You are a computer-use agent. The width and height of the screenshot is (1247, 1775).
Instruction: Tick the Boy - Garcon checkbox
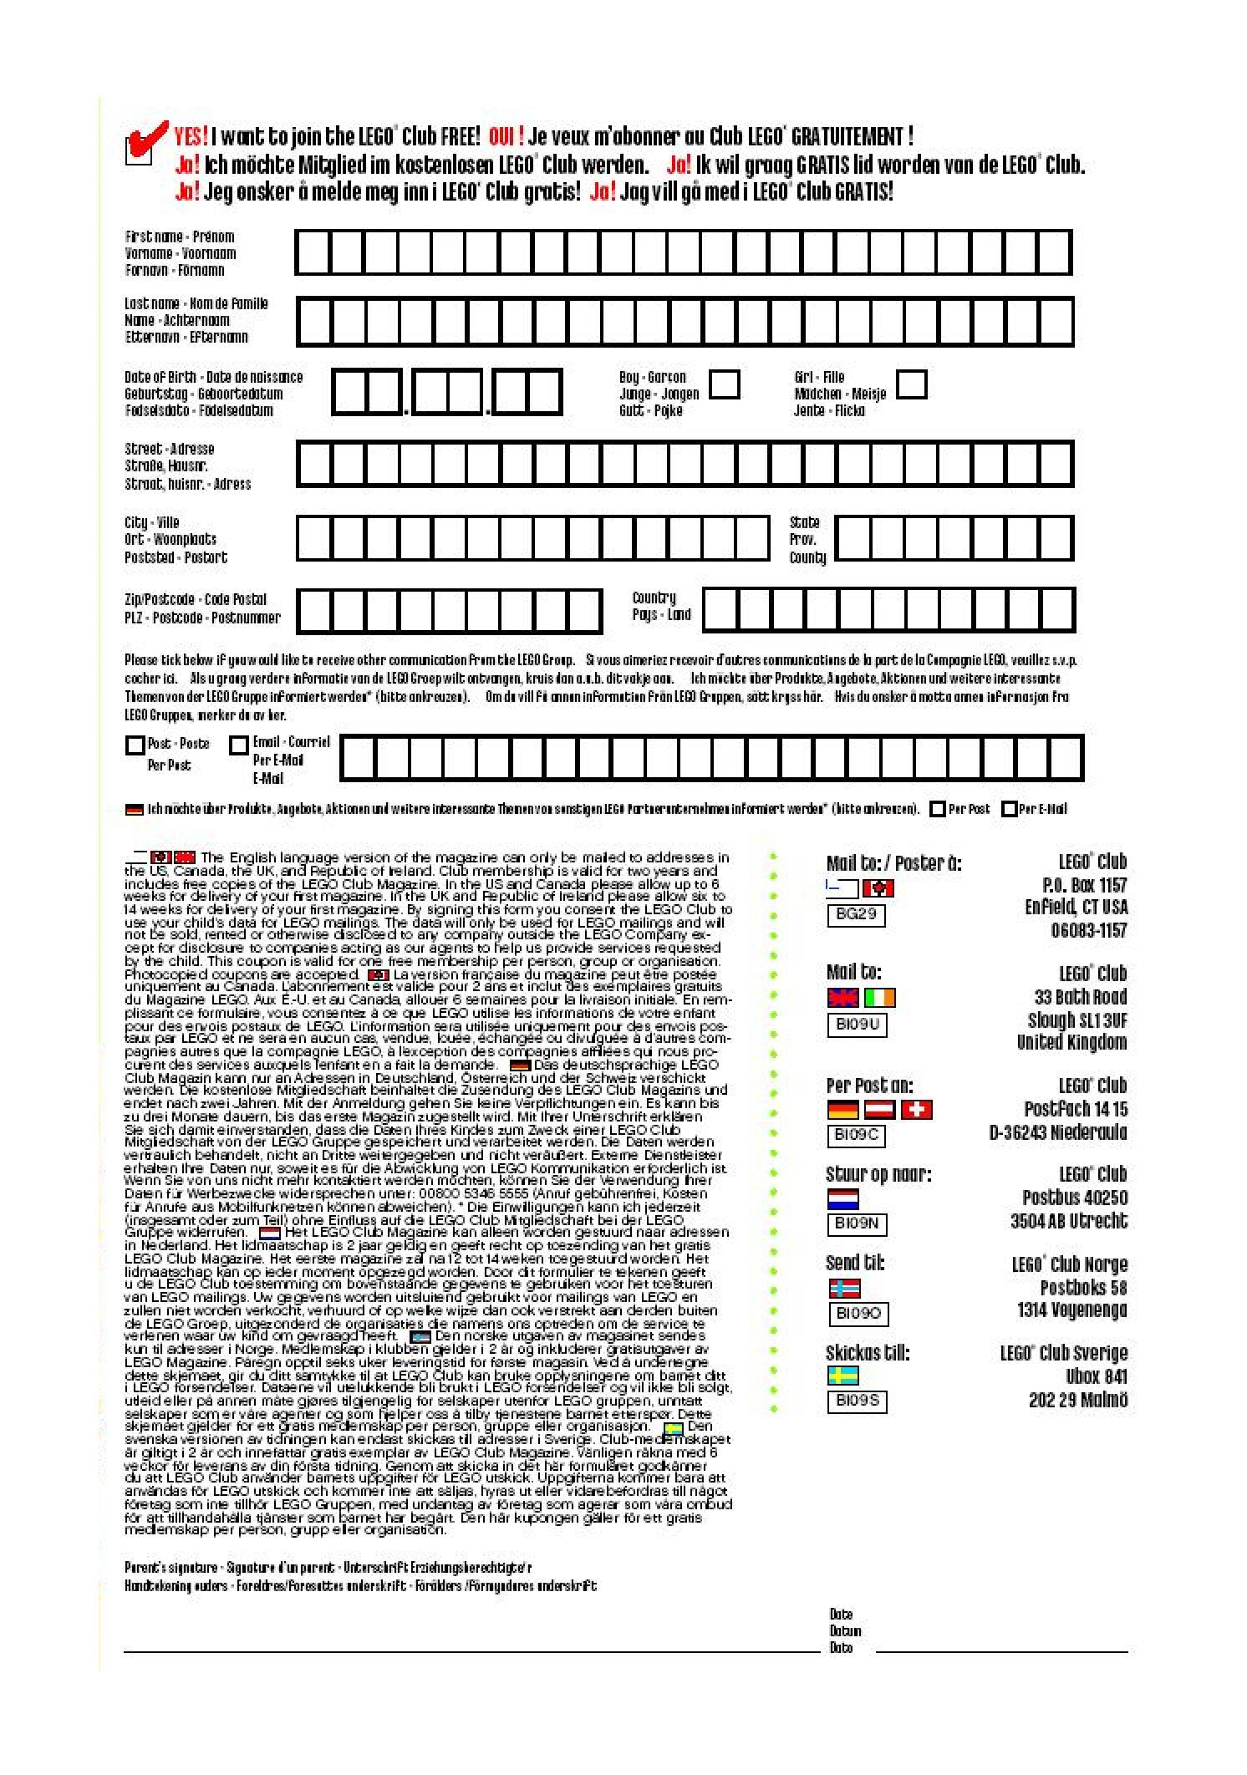pyautogui.click(x=724, y=384)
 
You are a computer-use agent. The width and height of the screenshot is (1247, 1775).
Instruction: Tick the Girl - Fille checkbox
pyautogui.click(x=911, y=384)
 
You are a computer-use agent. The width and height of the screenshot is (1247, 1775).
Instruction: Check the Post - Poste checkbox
pyautogui.click(x=135, y=745)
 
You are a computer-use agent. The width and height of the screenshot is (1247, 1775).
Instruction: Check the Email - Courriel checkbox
pyautogui.click(x=239, y=745)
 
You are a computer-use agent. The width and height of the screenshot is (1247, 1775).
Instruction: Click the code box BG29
pyautogui.click(x=855, y=914)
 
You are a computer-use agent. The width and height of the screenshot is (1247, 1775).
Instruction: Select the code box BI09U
pyautogui.click(x=857, y=1024)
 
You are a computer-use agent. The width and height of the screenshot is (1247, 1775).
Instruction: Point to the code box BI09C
pyautogui.click(x=856, y=1136)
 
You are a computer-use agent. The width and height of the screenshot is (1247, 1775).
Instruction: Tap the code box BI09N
pyautogui.click(x=856, y=1224)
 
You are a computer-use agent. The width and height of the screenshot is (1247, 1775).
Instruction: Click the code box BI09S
pyautogui.click(x=857, y=1401)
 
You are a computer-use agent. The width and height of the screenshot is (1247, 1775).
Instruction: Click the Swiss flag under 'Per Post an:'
pyautogui.click(x=917, y=1110)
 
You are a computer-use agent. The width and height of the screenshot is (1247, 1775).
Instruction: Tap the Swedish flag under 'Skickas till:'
pyautogui.click(x=842, y=1376)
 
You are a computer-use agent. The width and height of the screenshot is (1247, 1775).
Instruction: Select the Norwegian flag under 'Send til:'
pyautogui.click(x=843, y=1288)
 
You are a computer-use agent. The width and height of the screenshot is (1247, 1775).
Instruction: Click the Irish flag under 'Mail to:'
pyautogui.click(x=879, y=998)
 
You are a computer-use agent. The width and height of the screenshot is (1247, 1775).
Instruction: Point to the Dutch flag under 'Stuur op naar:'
pyautogui.click(x=843, y=1199)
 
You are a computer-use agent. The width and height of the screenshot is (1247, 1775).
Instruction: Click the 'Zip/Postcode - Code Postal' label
pyautogui.click(x=195, y=599)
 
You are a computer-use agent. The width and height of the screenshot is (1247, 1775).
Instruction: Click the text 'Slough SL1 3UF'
pyautogui.click(x=1076, y=1020)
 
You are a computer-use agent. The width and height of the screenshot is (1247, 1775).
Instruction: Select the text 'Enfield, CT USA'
pyautogui.click(x=1076, y=908)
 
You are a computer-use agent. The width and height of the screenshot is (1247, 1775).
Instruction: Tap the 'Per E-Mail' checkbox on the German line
pyautogui.click(x=1009, y=809)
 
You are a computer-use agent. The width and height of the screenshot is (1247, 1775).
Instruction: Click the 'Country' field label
pyautogui.click(x=654, y=598)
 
